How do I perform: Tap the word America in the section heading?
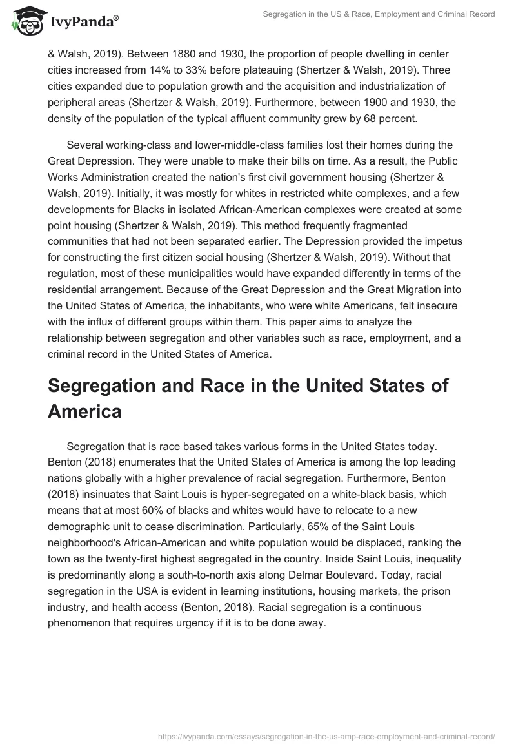click(84, 411)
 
